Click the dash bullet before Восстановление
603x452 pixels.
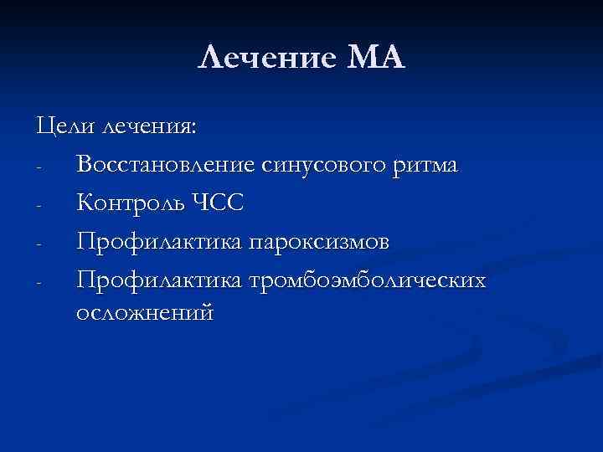click(39, 167)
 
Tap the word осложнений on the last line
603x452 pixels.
click(145, 313)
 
